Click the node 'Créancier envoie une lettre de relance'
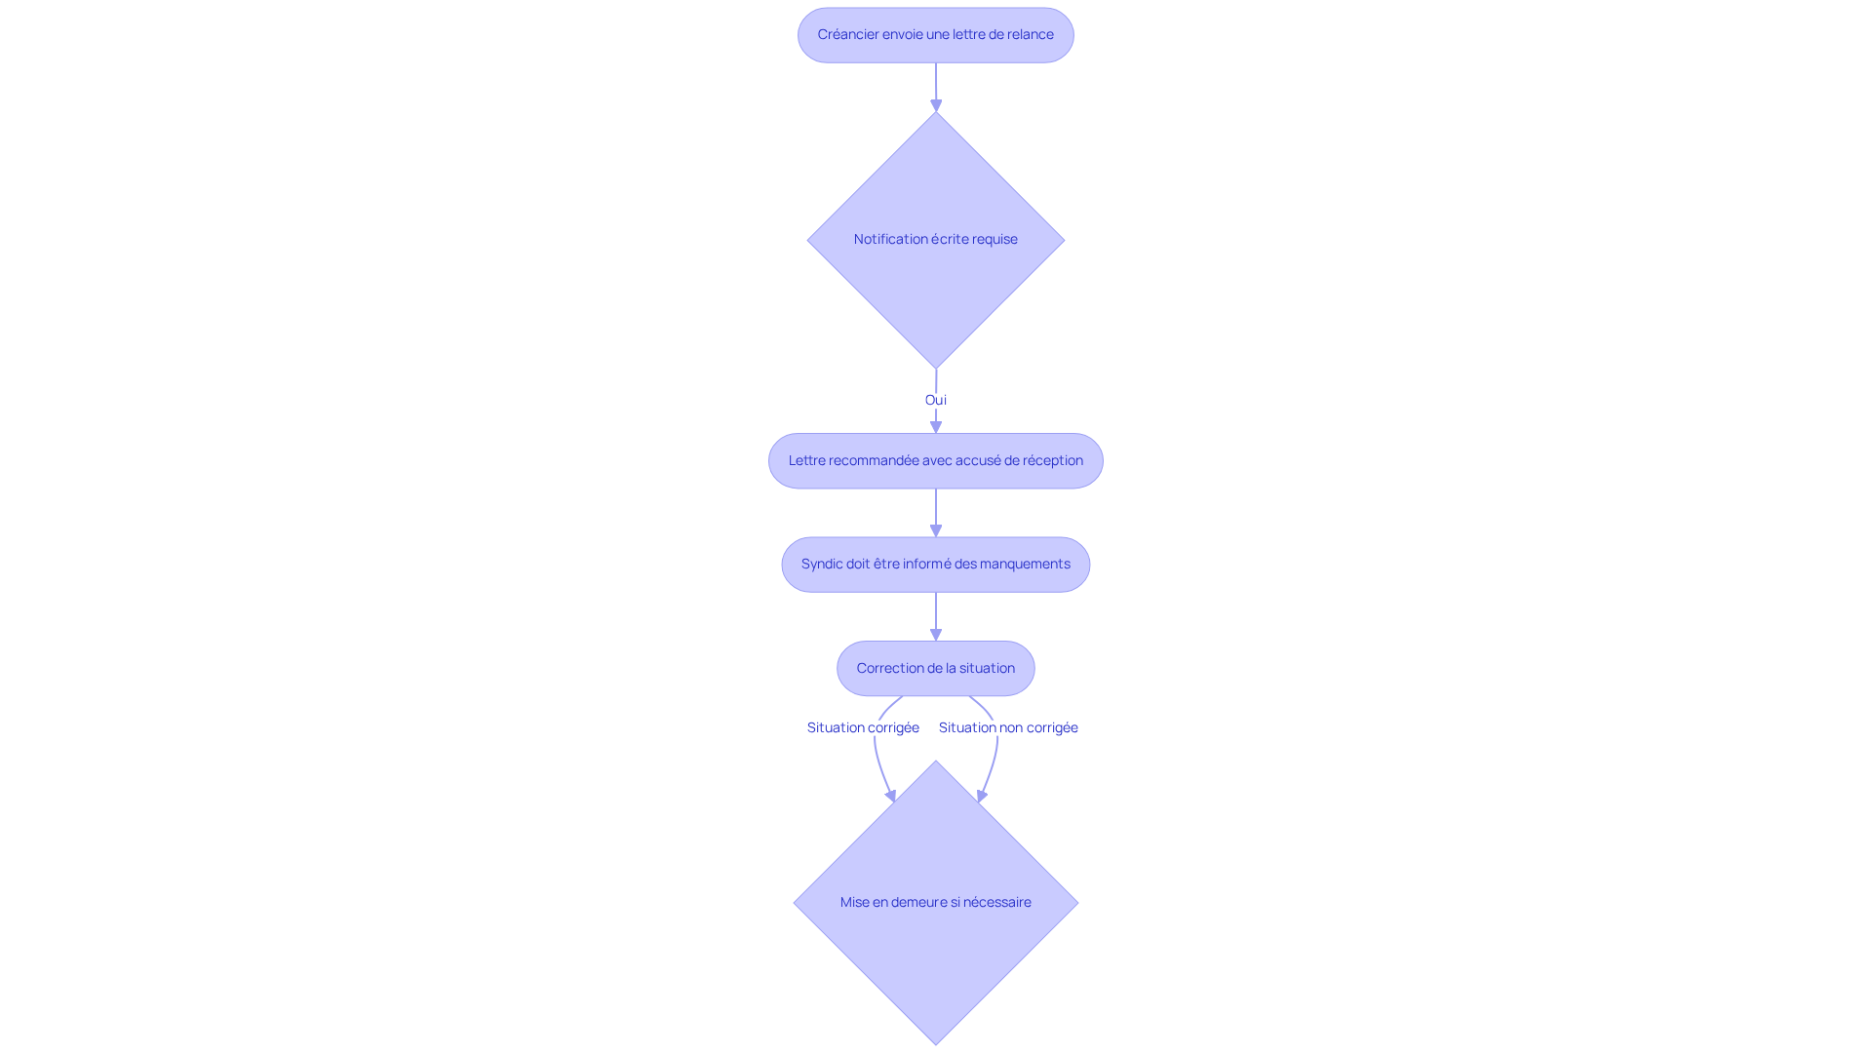[935, 35]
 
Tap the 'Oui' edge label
[935, 400]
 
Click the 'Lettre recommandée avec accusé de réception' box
[935, 460]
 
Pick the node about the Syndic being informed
[935, 565]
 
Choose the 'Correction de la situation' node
[935, 668]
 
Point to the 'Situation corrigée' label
[863, 727]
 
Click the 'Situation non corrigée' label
[1008, 727]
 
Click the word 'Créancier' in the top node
[847, 35]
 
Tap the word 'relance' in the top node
[1031, 35]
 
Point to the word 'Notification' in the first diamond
[890, 240]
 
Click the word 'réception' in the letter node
[1051, 460]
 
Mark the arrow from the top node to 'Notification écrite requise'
[936, 86]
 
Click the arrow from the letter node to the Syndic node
[936, 512]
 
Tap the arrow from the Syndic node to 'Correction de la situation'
[936, 615]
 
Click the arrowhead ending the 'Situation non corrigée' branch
[983, 796]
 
